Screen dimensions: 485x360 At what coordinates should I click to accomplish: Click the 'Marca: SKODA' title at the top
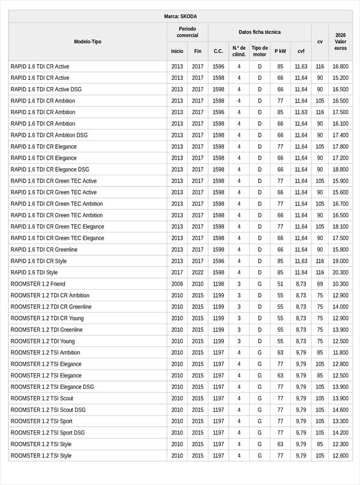[x=180, y=17]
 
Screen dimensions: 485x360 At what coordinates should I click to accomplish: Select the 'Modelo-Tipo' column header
[x=88, y=41]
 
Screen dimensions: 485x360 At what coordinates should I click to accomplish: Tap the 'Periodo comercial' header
[x=187, y=32]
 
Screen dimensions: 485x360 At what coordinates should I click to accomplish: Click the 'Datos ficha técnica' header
[x=259, y=32]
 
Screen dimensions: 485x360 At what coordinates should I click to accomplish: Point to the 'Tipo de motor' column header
[x=260, y=51]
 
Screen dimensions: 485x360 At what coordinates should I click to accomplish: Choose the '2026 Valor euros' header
[x=340, y=41]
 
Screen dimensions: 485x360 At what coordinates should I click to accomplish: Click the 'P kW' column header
[x=280, y=51]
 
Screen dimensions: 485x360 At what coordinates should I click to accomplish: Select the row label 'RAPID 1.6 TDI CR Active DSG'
[x=46, y=89]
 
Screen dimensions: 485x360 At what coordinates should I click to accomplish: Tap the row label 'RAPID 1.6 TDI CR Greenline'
[x=44, y=250]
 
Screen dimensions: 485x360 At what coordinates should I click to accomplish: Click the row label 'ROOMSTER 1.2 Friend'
[x=38, y=284]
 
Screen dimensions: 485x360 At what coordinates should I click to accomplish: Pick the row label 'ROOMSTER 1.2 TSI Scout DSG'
[x=48, y=410]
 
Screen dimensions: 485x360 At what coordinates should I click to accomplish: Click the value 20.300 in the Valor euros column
[x=340, y=273]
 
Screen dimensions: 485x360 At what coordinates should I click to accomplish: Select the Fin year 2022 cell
[x=198, y=273]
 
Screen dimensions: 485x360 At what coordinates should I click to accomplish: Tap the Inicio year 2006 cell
[x=177, y=284]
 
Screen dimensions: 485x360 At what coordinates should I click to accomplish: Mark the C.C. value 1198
[x=218, y=284]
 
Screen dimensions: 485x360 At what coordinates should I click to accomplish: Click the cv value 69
[x=320, y=284]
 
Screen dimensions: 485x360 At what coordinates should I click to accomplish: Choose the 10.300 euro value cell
[x=340, y=284]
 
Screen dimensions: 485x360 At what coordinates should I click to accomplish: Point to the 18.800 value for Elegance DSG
[x=340, y=169]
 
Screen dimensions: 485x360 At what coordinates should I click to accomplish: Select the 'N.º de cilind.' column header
[x=239, y=51]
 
